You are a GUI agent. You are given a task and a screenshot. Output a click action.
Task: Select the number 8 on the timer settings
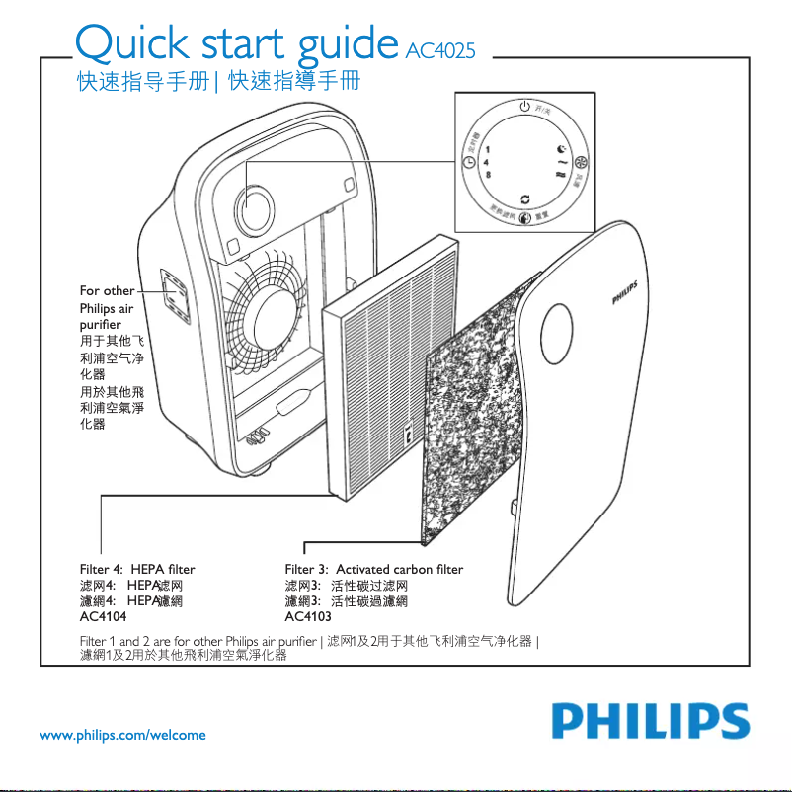click(487, 174)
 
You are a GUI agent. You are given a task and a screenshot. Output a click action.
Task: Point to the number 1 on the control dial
click(487, 148)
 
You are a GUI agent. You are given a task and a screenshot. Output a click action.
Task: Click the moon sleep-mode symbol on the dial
click(560, 148)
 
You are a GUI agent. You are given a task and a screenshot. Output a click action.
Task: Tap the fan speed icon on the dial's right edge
click(582, 162)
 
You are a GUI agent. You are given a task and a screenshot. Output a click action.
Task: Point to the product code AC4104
click(105, 616)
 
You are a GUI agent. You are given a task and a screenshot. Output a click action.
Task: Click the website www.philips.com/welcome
click(122, 735)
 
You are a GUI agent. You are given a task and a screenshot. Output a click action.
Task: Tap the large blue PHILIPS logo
click(649, 720)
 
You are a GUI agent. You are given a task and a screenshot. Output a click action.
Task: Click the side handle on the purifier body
click(175, 294)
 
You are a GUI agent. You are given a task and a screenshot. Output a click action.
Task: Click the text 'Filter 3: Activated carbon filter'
click(373, 569)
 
